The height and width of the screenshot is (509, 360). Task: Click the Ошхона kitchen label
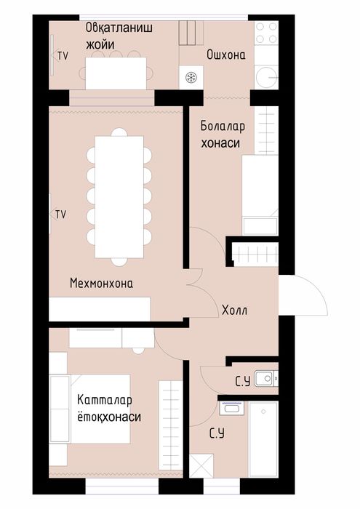tap(225, 55)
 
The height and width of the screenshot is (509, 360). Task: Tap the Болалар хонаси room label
tap(223, 135)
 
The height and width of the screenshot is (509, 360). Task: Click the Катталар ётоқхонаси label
tap(108, 409)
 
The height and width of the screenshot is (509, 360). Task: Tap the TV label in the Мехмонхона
tap(60, 214)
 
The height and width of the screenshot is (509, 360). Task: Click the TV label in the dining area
tap(63, 55)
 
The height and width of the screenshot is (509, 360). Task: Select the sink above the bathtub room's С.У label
tap(231, 409)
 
